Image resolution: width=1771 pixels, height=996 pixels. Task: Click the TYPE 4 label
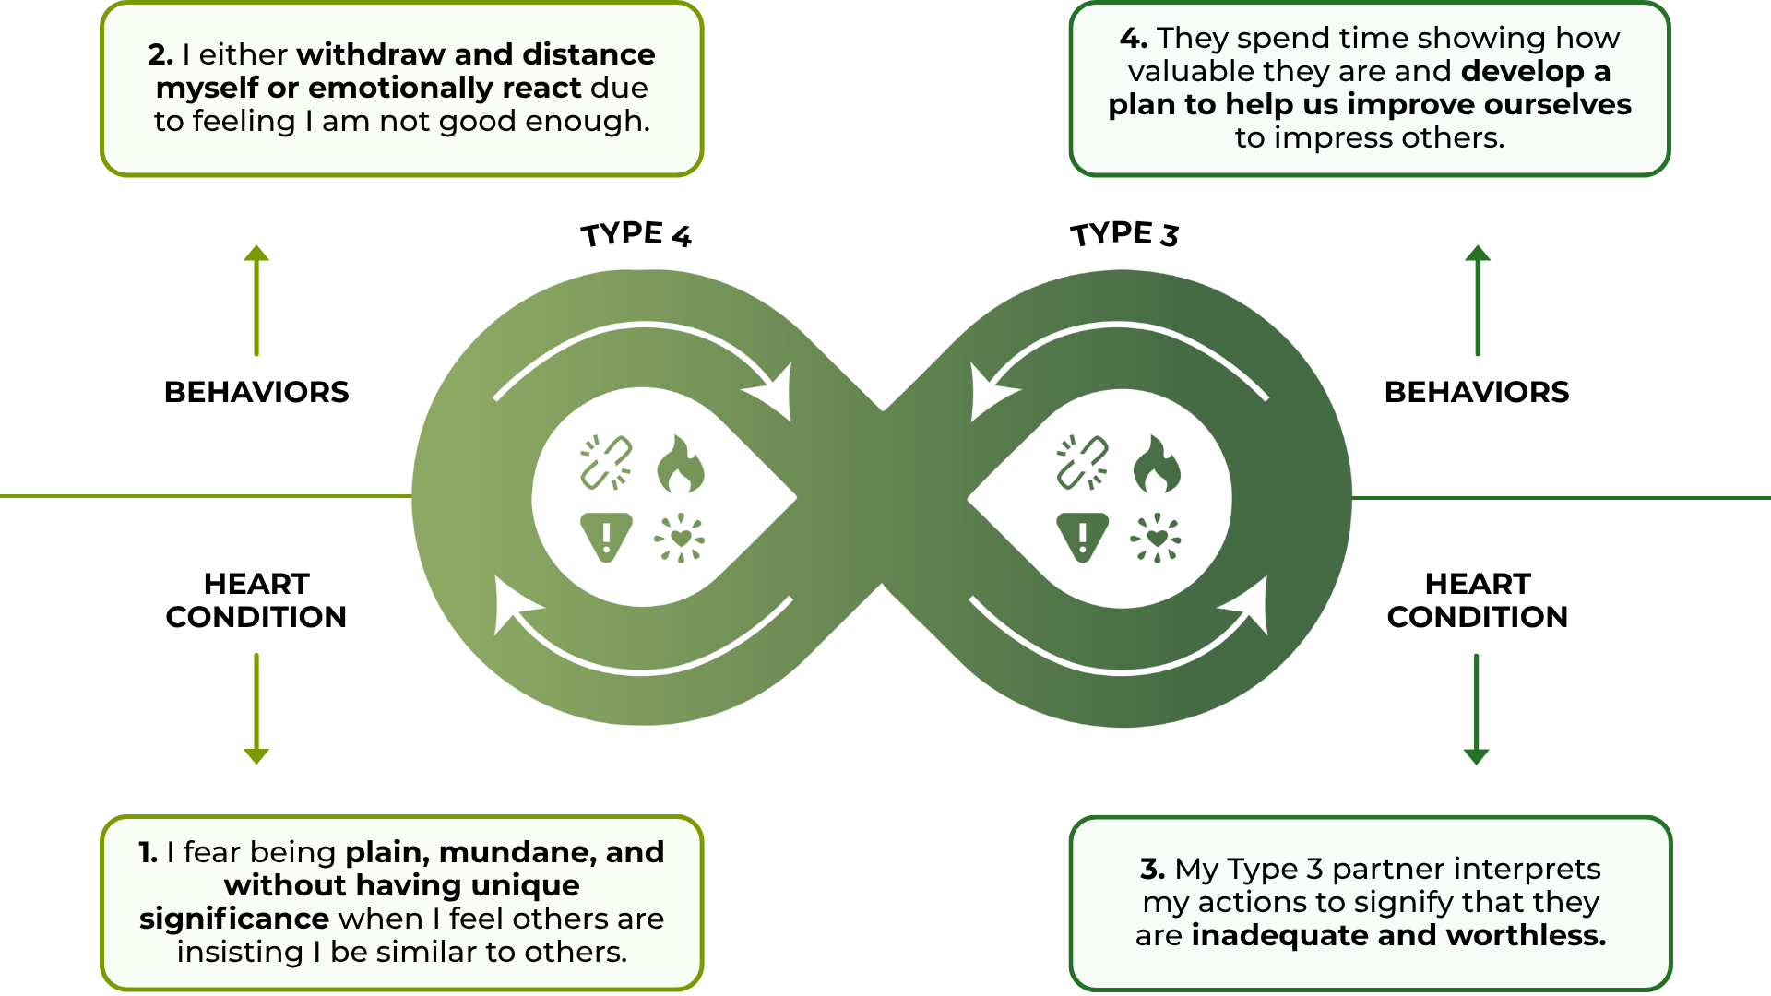[636, 234]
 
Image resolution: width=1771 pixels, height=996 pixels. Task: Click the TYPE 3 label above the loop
[1124, 234]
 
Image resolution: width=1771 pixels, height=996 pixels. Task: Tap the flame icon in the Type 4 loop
[681, 464]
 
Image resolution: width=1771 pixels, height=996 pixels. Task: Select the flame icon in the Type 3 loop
[1157, 464]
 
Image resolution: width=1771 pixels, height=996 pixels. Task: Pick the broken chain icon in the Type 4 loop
[606, 462]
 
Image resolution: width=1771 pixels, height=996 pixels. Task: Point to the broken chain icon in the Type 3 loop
[1082, 462]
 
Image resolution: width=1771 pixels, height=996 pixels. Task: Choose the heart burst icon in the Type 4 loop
[680, 538]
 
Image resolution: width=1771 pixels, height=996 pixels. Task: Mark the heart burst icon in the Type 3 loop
[1156, 538]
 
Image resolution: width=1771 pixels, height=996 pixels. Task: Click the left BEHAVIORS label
[256, 392]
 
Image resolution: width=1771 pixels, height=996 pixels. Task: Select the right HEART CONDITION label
[1477, 600]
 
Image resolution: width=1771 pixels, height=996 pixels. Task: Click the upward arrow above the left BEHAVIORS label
[256, 300]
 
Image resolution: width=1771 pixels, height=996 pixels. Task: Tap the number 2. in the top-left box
[160, 54]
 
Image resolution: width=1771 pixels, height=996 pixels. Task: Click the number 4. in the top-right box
[1134, 38]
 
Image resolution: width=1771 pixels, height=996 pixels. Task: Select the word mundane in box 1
[517, 852]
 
